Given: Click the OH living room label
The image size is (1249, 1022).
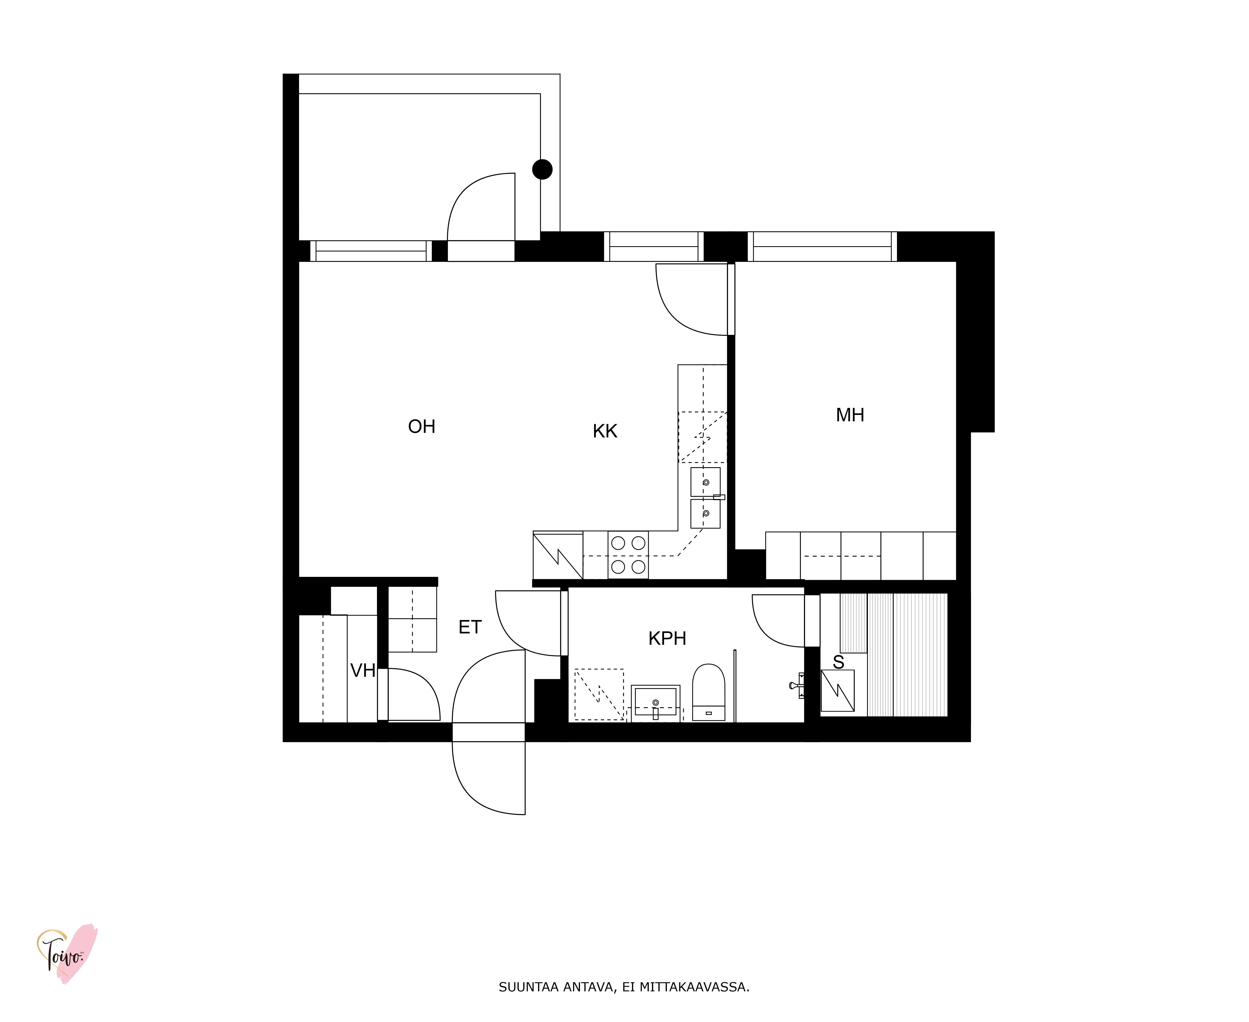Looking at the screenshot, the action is coord(421,426).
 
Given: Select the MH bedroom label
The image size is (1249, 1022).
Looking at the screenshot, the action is coord(850,415).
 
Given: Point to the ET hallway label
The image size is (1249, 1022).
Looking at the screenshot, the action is coord(470,627).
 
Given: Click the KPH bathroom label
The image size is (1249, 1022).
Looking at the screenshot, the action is coord(667,638).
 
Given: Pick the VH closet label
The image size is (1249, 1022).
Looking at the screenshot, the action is coord(363,670).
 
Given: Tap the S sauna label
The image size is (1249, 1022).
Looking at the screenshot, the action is coord(838,662).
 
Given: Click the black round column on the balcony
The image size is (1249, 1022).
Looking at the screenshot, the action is coord(542,170).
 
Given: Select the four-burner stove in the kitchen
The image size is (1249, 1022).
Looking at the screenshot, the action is coord(628,555).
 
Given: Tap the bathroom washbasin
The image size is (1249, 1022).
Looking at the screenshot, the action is coord(655,702).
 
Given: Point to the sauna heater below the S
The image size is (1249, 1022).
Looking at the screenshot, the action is coord(837,691).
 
